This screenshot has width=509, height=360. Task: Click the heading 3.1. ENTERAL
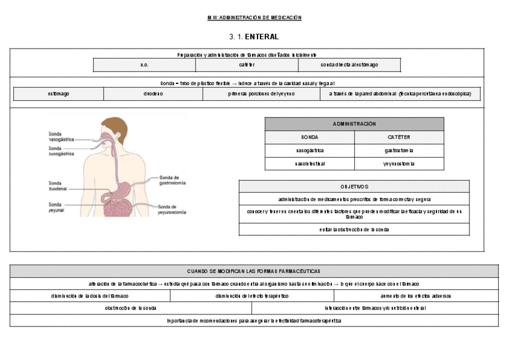point(254,37)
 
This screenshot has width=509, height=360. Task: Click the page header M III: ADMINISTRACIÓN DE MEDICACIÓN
point(254,17)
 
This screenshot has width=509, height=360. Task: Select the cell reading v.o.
point(144,65)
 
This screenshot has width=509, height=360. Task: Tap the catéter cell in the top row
point(246,65)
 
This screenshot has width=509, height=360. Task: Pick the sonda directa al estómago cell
point(349,65)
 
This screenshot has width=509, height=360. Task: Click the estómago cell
point(58,94)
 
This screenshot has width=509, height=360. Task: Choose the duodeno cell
point(153,94)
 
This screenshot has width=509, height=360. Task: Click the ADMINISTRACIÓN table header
point(354,124)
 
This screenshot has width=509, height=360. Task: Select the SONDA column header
point(310,137)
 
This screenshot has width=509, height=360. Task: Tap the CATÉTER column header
point(399,137)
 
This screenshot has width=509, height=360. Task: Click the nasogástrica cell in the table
point(310,151)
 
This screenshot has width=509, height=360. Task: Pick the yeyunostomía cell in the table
point(399,164)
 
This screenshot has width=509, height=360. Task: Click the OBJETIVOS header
point(354,187)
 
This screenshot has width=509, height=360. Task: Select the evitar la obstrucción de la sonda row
point(354,229)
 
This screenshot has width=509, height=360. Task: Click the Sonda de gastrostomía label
point(173,179)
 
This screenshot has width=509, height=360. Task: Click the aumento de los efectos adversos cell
point(415,296)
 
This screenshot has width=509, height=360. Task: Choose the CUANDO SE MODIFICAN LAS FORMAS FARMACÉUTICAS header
point(254,271)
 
